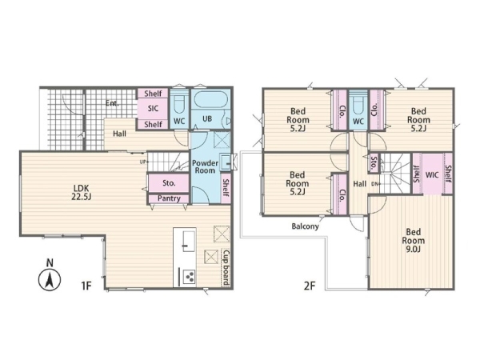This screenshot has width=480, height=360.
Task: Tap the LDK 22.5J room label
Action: [81, 192]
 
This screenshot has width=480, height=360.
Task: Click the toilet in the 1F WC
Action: [179, 104]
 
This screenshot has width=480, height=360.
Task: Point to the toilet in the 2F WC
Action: [358, 104]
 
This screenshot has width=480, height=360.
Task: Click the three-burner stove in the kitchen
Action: [190, 277]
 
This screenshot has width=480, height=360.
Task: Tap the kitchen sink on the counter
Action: [189, 242]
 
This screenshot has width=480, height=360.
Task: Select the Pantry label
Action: [169, 198]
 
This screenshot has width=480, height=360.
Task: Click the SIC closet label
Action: [153, 108]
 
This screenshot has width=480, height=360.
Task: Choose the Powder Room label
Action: [205, 167]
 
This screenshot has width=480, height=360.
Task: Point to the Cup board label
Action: [226, 268]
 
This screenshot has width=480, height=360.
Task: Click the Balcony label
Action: [305, 226]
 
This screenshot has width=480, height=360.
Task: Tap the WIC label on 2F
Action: [432, 175]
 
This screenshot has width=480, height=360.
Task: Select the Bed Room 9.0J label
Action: [414, 240]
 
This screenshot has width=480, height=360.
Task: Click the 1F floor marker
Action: [86, 286]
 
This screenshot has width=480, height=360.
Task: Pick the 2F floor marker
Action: [310, 286]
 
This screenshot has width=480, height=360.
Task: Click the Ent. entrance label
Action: [112, 103]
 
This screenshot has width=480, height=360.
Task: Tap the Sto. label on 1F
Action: [169, 183]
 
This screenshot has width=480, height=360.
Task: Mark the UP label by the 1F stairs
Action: [143, 162]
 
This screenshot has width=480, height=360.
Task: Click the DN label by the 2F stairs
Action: [376, 184]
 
